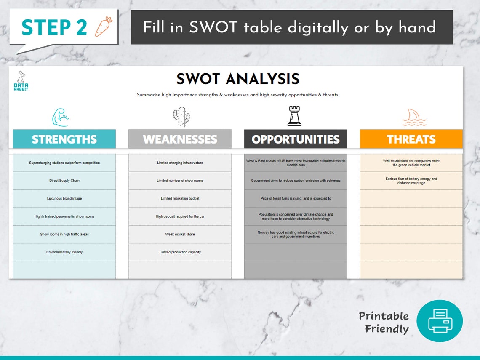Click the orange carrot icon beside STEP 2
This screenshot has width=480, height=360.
coord(104,26)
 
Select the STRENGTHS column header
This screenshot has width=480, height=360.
coord(64,139)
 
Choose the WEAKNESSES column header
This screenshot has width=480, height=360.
coord(180,139)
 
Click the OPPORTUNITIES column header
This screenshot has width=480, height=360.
coord(296,139)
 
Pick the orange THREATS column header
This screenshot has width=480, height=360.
coord(411,139)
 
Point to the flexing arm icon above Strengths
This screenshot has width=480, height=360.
coord(60,117)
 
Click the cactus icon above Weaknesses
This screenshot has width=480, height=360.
coord(181,117)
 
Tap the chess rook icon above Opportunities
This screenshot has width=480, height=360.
coord(294,116)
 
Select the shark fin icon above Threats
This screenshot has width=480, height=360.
coord(414,117)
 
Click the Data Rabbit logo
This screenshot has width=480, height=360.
coord(21,81)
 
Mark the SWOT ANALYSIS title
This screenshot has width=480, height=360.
coord(238,79)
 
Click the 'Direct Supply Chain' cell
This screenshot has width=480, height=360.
coord(64,181)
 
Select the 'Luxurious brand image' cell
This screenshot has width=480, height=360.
coord(64,198)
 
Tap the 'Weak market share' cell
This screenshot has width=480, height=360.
coord(180,234)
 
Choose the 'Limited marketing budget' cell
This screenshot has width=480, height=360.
coord(180,198)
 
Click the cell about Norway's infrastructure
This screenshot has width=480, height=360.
coord(296,234)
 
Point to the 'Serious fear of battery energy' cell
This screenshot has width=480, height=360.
coord(411,181)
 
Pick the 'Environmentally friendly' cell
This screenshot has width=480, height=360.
coord(64,252)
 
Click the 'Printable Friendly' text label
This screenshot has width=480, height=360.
coord(384,322)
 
